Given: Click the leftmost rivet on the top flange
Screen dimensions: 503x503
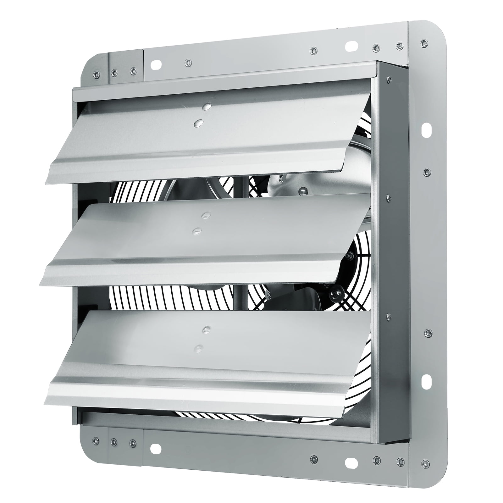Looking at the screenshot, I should click(97, 74).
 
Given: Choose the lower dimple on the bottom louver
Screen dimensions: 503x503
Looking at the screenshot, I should click(199, 348).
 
